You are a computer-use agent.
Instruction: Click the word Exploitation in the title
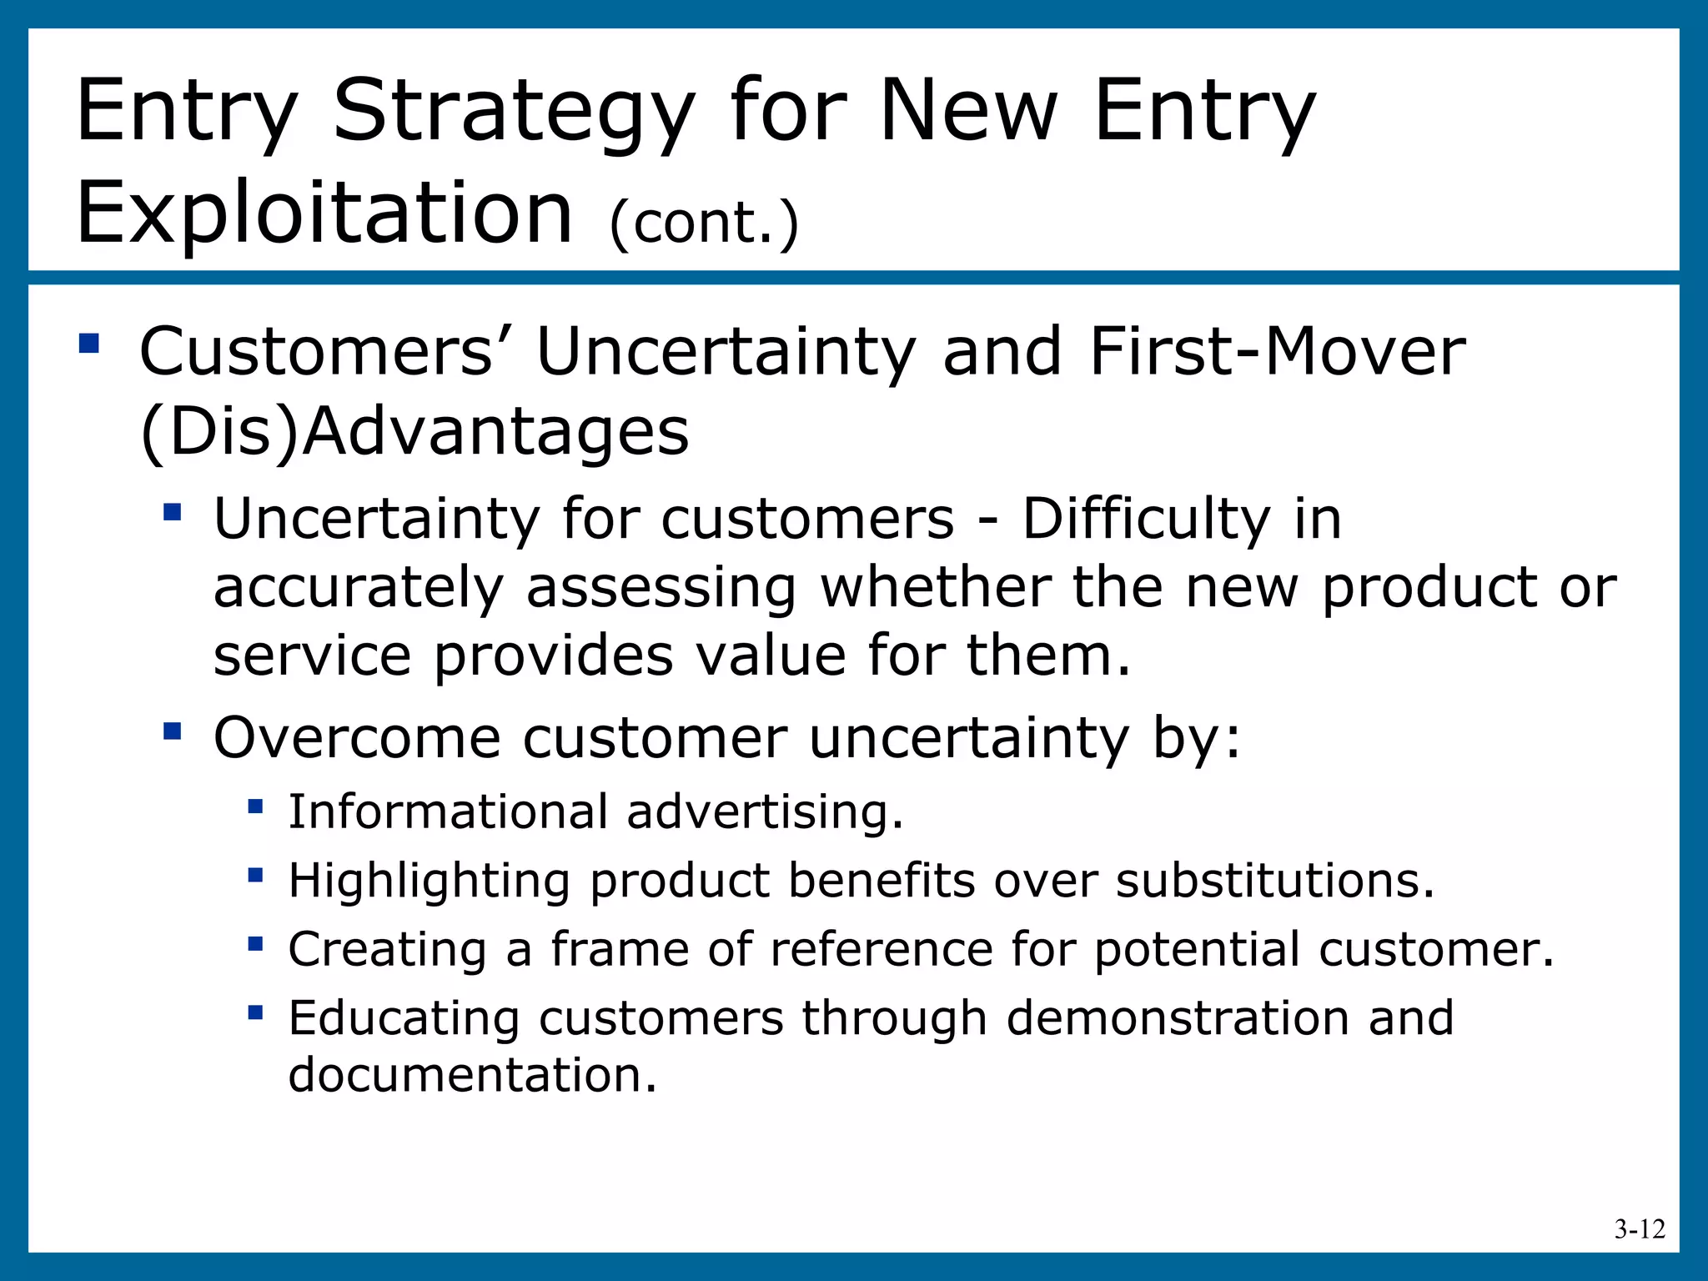click(x=324, y=213)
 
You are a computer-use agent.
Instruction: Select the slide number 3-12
click(x=1639, y=1229)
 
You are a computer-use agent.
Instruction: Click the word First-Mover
click(x=1277, y=352)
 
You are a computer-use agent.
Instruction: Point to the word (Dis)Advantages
click(x=414, y=433)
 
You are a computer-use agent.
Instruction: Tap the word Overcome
click(x=357, y=738)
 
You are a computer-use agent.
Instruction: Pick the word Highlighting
click(x=429, y=882)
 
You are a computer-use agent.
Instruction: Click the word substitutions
click(x=1275, y=881)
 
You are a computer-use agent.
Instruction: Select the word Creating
click(x=387, y=950)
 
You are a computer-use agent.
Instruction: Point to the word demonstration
click(x=1177, y=1018)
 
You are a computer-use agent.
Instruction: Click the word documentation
click(x=472, y=1075)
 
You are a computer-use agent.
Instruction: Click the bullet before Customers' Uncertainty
click(x=89, y=344)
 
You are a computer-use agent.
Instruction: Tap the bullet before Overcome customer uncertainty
click(x=173, y=731)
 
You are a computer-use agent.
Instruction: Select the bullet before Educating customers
click(x=255, y=1012)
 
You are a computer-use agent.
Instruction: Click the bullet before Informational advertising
click(x=255, y=806)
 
